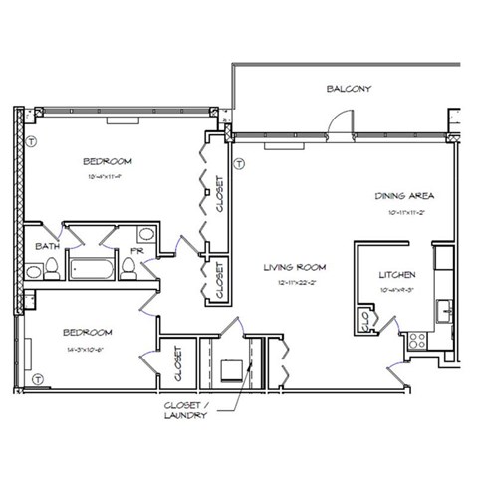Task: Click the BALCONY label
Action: click(349, 89)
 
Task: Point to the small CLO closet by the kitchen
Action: click(364, 321)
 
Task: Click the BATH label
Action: click(46, 246)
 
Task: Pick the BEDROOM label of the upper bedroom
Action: click(108, 161)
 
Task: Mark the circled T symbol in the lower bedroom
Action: click(36, 379)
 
